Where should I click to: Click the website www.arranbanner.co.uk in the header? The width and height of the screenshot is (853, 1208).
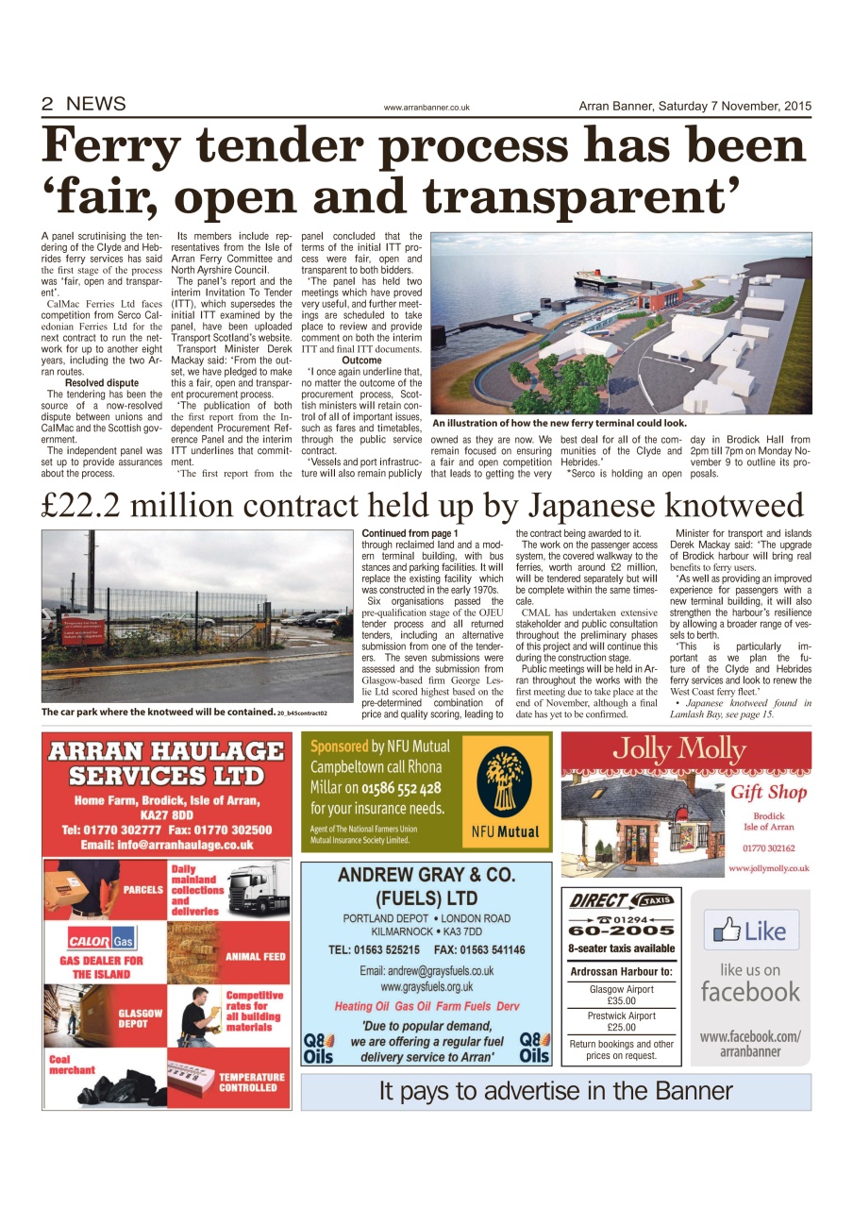pyautogui.click(x=426, y=108)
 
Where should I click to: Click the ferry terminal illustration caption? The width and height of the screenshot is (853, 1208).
pyautogui.click(x=559, y=424)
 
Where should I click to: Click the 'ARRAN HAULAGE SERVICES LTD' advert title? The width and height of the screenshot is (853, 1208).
pyautogui.click(x=166, y=763)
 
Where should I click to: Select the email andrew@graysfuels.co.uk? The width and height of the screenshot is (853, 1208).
pyautogui.click(x=426, y=970)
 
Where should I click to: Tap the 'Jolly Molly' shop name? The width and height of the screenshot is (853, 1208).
pyautogui.click(x=679, y=750)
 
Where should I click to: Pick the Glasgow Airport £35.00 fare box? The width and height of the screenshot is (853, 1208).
pyautogui.click(x=621, y=995)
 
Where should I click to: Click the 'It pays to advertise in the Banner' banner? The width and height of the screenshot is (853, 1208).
pyautogui.click(x=555, y=1092)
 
